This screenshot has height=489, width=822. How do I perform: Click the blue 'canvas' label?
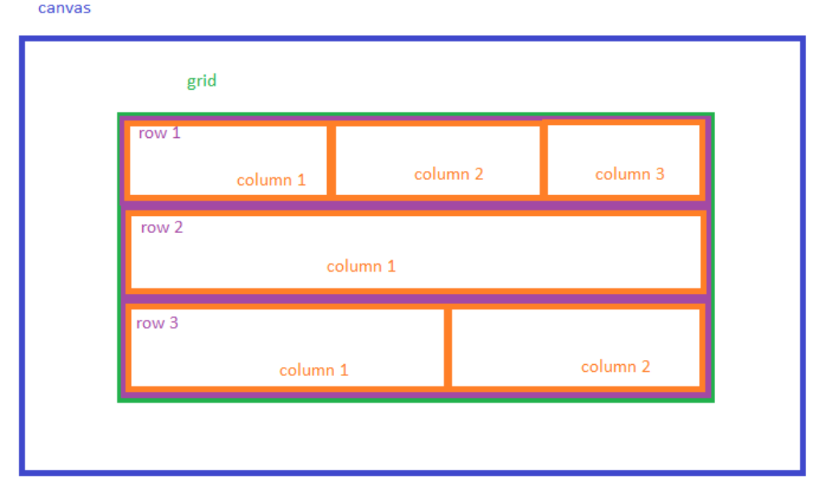pyautogui.click(x=64, y=9)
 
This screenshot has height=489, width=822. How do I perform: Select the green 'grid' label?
pyautogui.click(x=202, y=81)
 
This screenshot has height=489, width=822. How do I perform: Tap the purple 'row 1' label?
pyautogui.click(x=159, y=133)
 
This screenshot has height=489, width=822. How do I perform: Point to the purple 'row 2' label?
pyautogui.click(x=162, y=228)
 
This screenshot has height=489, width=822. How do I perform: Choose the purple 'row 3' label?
pyautogui.click(x=157, y=323)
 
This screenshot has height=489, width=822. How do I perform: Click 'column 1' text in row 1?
pyautogui.click(x=271, y=181)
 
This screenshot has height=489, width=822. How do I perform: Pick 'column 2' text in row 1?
pyautogui.click(x=449, y=174)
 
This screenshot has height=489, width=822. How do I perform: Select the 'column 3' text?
pyautogui.click(x=629, y=174)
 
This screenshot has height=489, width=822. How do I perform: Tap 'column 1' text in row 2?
pyautogui.click(x=361, y=266)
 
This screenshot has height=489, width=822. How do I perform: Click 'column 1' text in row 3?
pyautogui.click(x=313, y=370)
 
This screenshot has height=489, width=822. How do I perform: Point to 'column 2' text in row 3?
pyautogui.click(x=615, y=367)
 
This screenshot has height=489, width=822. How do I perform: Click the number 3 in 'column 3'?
pyautogui.click(x=660, y=174)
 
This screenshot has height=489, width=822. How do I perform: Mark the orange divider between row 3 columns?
pyautogui.click(x=447, y=348)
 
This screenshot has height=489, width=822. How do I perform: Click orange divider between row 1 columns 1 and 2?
pyautogui.click(x=331, y=161)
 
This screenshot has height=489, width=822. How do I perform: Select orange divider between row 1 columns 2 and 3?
pyautogui.click(x=544, y=159)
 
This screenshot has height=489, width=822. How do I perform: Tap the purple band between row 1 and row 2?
pyautogui.click(x=414, y=206)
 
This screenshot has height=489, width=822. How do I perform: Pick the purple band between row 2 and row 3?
pyautogui.click(x=414, y=299)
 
